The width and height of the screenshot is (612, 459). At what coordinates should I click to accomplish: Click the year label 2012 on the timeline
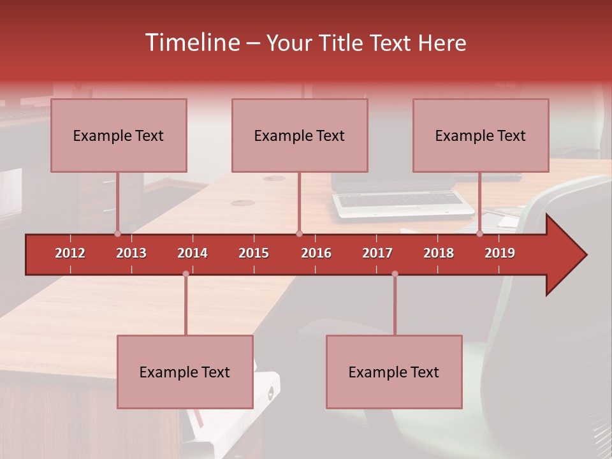coord(70,253)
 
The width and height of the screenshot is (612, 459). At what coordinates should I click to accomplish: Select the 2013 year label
coord(131,253)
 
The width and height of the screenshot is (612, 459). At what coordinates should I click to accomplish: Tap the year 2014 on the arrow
coord(193,253)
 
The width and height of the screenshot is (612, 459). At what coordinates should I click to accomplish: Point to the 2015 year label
coord(254,253)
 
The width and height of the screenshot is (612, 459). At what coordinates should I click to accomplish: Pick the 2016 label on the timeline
coord(316,253)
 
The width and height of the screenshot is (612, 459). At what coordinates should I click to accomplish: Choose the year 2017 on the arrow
coord(377,253)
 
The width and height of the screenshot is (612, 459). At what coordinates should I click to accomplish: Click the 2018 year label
coord(439,253)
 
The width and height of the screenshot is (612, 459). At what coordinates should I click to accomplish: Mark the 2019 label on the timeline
coord(500,253)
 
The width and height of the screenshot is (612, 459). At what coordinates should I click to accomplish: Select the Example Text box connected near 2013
coord(119,135)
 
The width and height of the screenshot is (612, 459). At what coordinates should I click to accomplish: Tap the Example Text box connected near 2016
coord(300,135)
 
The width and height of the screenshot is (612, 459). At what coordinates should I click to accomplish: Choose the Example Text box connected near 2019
coord(481,135)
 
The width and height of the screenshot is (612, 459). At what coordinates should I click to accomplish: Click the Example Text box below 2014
coord(185,372)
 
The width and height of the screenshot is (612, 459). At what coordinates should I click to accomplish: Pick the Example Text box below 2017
coord(394,372)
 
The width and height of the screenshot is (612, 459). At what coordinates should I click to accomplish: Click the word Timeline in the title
coord(191,43)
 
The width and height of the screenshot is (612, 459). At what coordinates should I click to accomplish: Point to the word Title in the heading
coord(343,43)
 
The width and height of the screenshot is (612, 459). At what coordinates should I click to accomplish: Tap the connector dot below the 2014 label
coord(186,273)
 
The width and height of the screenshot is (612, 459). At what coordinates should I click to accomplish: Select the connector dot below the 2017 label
coord(395,273)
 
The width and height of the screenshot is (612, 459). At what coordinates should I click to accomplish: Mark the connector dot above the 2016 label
coord(299,233)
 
